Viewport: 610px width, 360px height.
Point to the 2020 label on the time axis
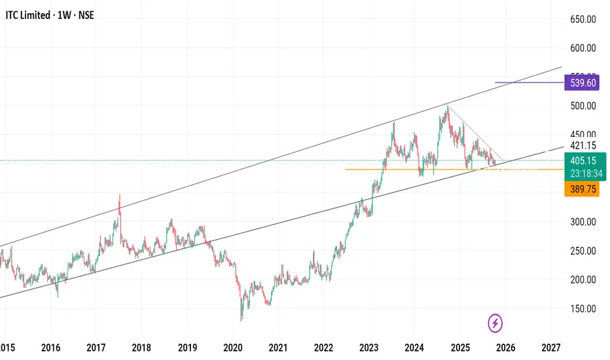pyautogui.click(x=232, y=347)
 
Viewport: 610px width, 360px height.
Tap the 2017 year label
pyautogui.click(x=96, y=347)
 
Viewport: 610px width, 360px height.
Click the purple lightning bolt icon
pyautogui.click(x=495, y=323)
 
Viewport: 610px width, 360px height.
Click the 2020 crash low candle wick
pyautogui.click(x=241, y=318)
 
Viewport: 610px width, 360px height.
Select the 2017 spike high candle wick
pyautogui.click(x=119, y=196)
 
